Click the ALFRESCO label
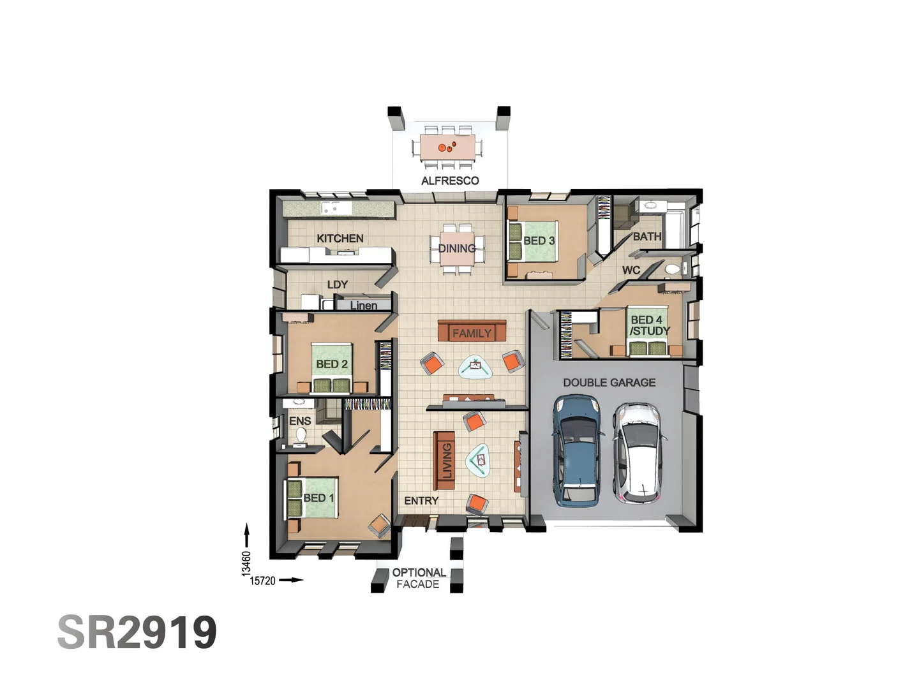450,181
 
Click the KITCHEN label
340,238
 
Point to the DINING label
457,248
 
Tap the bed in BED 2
332,367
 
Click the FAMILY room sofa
472,332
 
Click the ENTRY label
421,501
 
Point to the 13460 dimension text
246,563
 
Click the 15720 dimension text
262,581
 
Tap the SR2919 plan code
137,632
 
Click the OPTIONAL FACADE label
419,578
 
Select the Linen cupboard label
363,306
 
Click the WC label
631,270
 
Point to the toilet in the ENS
301,434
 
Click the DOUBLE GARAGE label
609,382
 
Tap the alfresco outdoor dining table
447,147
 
